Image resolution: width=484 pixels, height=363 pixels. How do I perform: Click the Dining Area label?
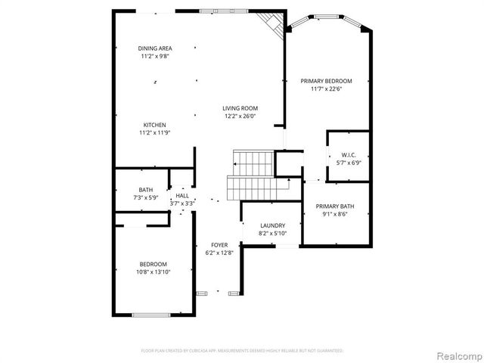155,48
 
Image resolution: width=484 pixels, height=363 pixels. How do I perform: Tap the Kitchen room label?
155,125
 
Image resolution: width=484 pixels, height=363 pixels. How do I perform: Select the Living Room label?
240,108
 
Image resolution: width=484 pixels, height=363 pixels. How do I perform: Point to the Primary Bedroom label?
326,81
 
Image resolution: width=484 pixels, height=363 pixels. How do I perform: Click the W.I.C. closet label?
348,155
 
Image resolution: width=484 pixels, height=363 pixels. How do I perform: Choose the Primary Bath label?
337,206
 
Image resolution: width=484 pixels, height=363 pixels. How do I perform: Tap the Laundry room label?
272,225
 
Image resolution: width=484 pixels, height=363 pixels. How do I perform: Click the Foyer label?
219,244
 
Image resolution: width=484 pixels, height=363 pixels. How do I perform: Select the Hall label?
182,195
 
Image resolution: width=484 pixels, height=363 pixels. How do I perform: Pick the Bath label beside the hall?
146,190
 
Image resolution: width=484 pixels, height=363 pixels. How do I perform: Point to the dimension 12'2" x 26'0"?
240,116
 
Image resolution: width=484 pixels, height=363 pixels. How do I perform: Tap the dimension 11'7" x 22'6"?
326,89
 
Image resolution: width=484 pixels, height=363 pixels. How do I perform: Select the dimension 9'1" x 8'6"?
337,214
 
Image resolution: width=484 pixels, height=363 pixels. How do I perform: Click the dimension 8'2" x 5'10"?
272,234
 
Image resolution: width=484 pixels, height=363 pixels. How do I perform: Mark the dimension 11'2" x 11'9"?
155,133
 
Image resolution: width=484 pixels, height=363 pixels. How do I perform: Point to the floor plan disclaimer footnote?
242,351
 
